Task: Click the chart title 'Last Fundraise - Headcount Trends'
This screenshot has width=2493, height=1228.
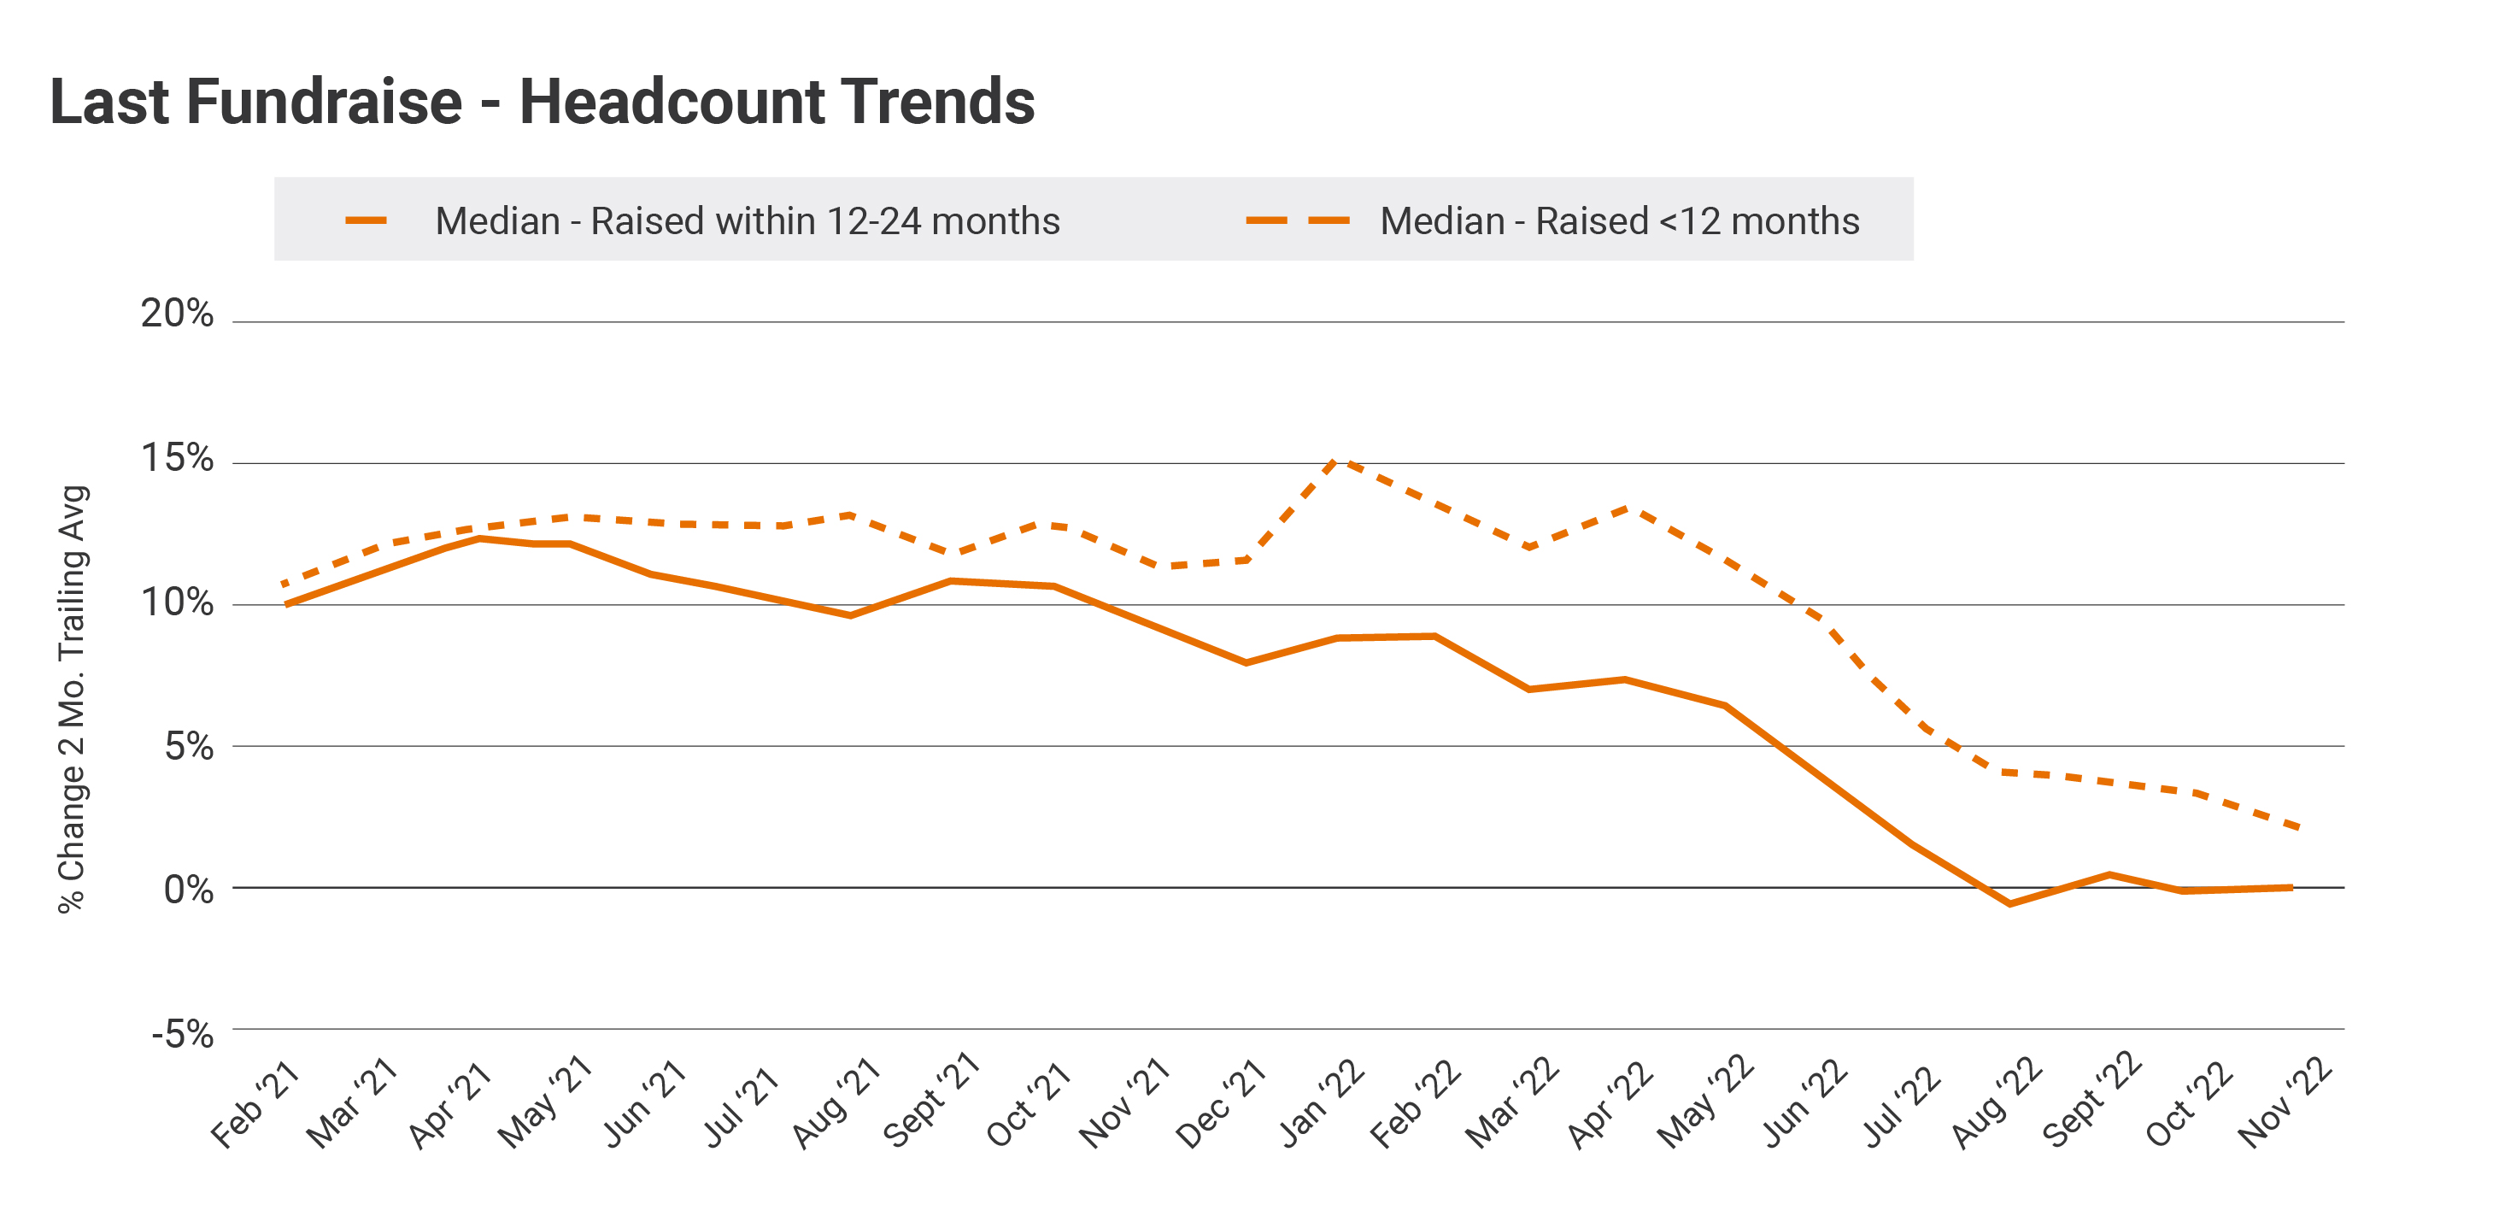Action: click(x=542, y=102)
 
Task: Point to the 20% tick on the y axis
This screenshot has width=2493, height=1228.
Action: click(x=177, y=314)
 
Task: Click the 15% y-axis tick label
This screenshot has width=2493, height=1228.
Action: click(x=177, y=458)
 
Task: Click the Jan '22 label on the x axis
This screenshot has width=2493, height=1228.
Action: click(x=1322, y=1104)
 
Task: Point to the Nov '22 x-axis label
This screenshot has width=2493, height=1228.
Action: click(x=2286, y=1104)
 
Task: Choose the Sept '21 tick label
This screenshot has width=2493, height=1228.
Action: click(x=932, y=1101)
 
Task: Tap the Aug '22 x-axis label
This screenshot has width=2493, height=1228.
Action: click(x=1997, y=1104)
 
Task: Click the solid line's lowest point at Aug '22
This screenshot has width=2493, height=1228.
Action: click(x=2010, y=904)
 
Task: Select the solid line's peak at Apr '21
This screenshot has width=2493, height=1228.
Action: click(x=478, y=538)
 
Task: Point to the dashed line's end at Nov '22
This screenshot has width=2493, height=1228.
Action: click(x=2298, y=827)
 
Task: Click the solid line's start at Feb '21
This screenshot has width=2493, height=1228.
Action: click(x=286, y=605)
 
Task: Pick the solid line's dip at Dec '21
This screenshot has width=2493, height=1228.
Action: click(x=1246, y=663)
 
